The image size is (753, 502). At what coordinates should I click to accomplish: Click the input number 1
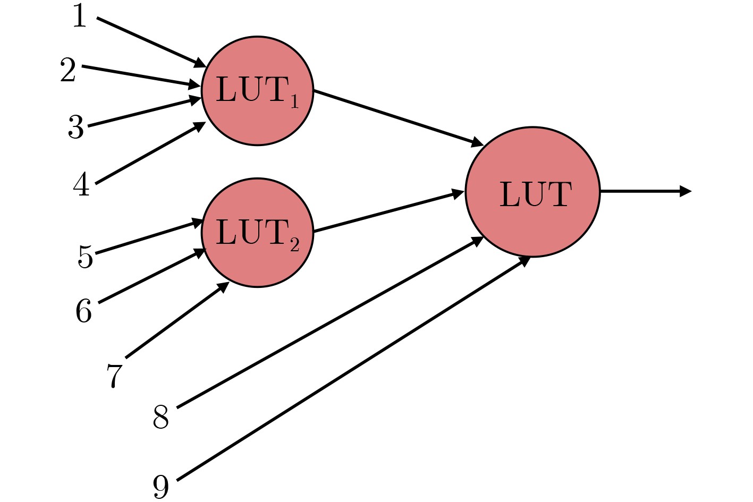point(80,16)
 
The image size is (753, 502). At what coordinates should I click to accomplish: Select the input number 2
point(68,70)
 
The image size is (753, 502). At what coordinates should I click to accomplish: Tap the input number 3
point(75,126)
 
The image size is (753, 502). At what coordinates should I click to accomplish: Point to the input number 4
point(82,184)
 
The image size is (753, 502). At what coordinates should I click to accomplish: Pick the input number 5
point(86,257)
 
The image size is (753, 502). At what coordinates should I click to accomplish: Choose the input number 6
point(84,310)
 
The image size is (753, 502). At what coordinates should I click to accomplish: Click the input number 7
point(114,376)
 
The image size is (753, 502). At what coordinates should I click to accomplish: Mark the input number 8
point(160,416)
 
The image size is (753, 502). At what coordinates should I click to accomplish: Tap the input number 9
point(160,487)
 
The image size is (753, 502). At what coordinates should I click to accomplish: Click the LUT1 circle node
point(258,91)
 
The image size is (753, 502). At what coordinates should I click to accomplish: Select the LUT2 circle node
point(258,233)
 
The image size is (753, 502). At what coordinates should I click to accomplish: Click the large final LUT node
point(533,192)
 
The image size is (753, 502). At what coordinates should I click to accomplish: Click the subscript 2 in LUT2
point(295,244)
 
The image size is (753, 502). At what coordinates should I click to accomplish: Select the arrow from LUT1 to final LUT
point(399,118)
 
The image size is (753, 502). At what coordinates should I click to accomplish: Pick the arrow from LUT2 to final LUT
point(389,211)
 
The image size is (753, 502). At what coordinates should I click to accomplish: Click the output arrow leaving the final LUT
point(646,191)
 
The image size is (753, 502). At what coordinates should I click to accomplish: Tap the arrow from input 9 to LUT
point(353,369)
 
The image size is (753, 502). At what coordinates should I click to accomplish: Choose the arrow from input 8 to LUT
point(330,322)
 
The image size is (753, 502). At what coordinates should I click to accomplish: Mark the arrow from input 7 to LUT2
point(177,320)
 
